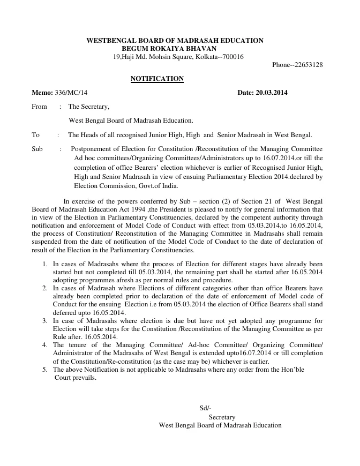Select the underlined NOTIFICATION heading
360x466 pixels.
tap(157, 79)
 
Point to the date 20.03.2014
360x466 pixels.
tap(271, 93)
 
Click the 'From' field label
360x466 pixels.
tap(40, 107)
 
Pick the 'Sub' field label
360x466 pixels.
tap(37, 148)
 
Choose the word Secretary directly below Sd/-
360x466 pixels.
tap(222, 417)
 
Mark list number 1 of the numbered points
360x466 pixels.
tap(44, 265)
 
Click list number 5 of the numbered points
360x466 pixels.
tap(44, 370)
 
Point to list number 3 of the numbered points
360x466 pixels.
tap(44, 320)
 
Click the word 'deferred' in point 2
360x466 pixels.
tap(66, 312)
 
